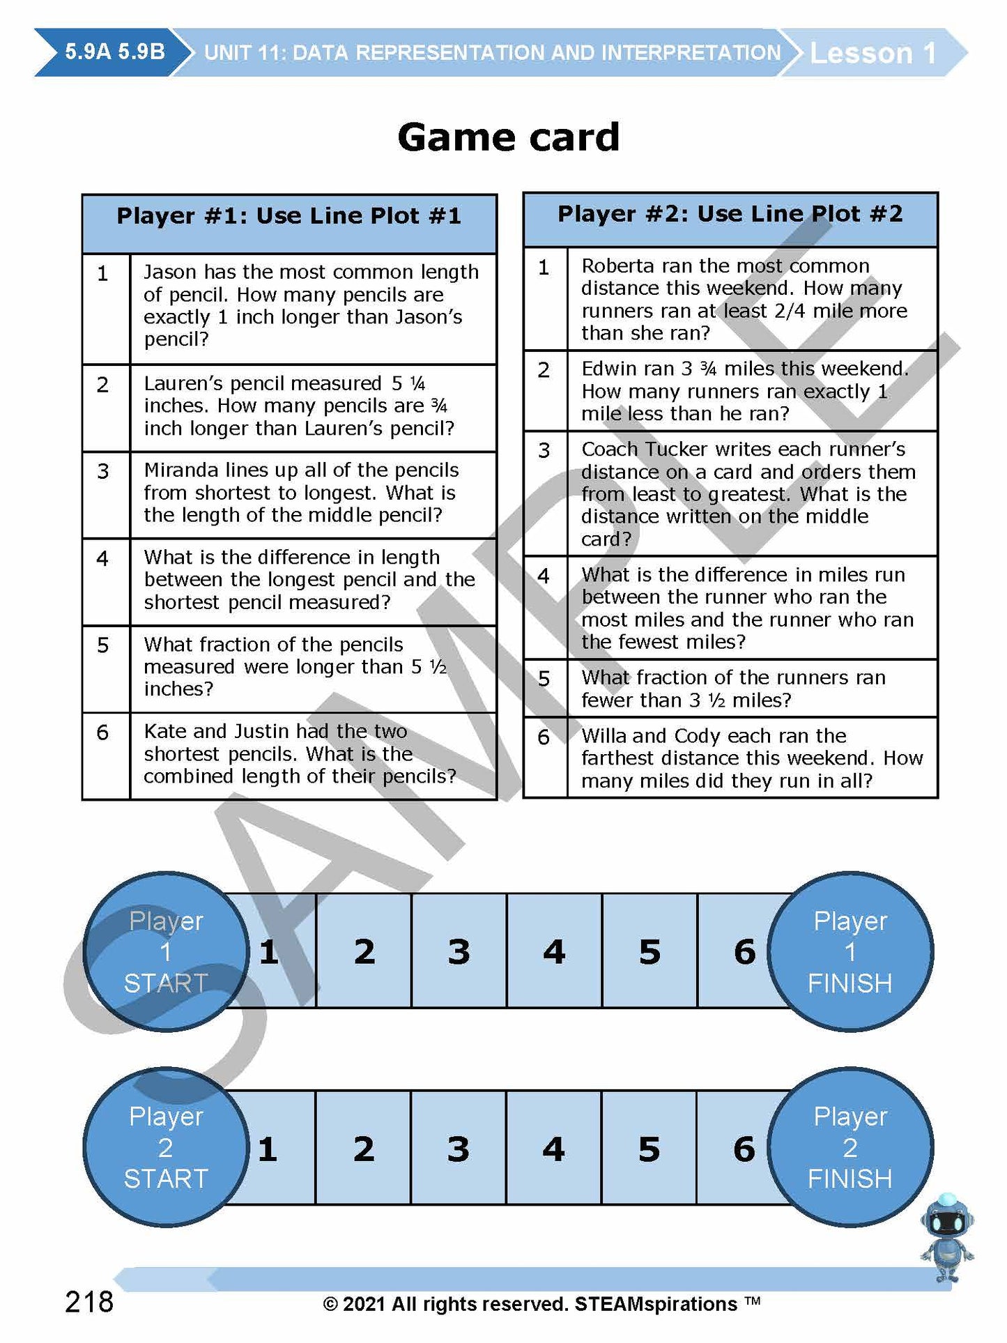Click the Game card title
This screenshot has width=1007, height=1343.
click(508, 137)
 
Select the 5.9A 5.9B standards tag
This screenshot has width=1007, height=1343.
click(115, 52)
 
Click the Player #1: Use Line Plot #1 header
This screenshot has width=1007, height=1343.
click(289, 216)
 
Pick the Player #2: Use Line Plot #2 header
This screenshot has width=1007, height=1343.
click(730, 214)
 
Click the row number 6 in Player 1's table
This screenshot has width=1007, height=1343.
click(103, 732)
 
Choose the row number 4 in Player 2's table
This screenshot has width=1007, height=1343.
click(544, 576)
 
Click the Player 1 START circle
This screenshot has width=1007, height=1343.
click(166, 952)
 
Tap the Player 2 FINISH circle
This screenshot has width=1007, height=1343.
click(850, 1148)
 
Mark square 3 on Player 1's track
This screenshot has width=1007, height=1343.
click(459, 952)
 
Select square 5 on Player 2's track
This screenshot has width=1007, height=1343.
click(649, 1149)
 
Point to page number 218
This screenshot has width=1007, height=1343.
click(89, 1301)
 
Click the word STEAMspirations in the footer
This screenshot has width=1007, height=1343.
click(656, 1304)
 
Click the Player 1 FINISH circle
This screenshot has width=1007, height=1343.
click(850, 952)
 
